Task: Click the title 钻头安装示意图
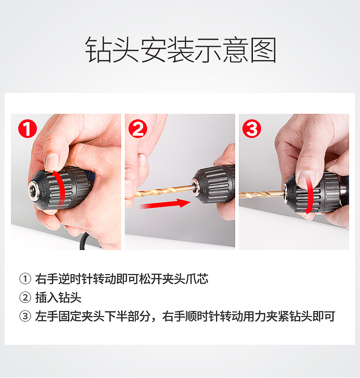pos(180,50)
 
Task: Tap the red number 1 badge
pos(27,128)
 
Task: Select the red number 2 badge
pos(138,128)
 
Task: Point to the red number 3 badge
pos(252,128)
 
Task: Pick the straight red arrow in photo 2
pos(165,204)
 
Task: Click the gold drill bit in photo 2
pos(164,191)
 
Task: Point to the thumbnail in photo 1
pos(51,162)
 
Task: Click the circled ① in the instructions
pos(25,279)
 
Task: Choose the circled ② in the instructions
pos(25,297)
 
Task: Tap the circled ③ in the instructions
pos(25,316)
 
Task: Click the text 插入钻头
pos(58,297)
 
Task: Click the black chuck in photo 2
pos(213,184)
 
